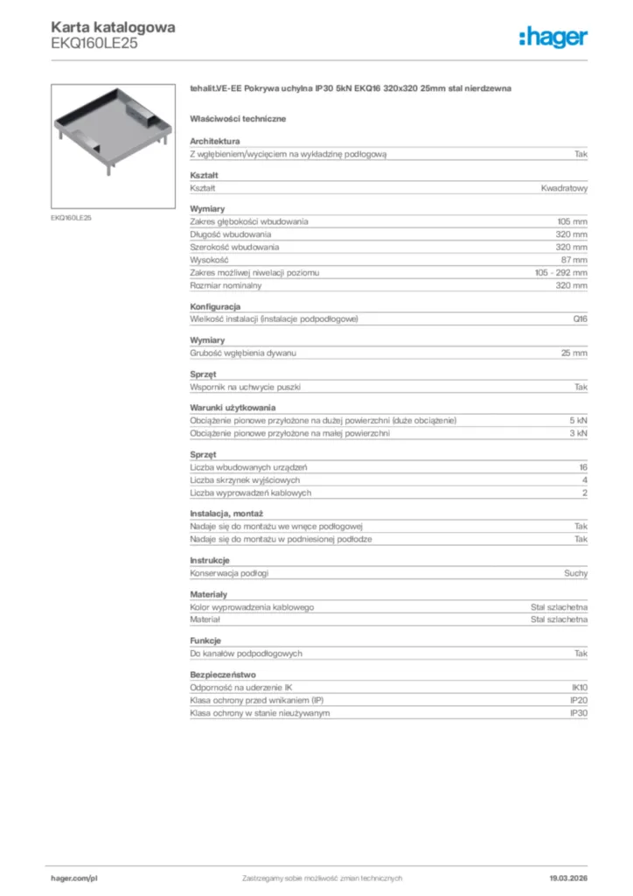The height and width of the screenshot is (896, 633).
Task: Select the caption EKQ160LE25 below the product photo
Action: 71,217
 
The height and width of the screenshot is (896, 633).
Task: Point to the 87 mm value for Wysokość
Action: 574,260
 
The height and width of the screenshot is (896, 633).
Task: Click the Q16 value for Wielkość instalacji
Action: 580,318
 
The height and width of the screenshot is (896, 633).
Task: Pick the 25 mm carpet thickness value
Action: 574,353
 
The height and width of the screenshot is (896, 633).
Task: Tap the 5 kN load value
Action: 578,421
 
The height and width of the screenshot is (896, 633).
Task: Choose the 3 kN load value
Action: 578,433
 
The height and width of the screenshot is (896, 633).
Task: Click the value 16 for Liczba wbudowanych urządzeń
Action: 582,467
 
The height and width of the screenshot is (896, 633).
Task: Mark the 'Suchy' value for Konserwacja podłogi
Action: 575,573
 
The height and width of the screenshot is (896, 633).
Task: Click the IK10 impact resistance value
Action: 579,688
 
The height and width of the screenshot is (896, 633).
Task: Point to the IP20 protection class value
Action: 579,701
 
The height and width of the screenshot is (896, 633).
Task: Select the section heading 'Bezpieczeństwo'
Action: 222,675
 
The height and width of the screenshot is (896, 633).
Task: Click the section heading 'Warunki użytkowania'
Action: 233,408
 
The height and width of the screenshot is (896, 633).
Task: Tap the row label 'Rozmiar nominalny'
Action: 226,285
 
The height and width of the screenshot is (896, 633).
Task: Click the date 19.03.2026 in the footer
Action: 567,878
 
